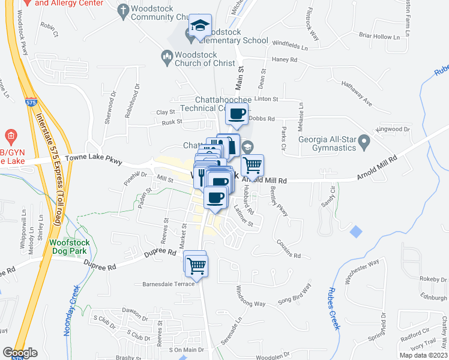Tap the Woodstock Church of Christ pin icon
(x=167, y=57)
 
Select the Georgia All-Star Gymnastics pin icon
(x=364, y=143)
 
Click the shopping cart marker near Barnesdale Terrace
(x=196, y=265)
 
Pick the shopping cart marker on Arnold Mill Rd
(x=253, y=164)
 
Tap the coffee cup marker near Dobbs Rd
(x=237, y=113)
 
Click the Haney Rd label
(x=285, y=60)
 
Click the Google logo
(x=20, y=353)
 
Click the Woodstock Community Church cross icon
(x=124, y=10)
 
